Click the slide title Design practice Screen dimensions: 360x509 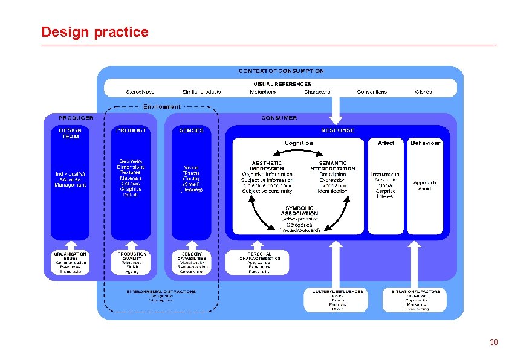[94, 32]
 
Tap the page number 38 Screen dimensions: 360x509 [493, 342]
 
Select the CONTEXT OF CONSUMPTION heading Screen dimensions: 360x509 [281, 71]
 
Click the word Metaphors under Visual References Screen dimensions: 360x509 [262, 92]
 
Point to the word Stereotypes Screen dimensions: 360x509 [144, 92]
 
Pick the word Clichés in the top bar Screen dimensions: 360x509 [423, 92]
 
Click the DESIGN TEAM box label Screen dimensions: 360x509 [70, 133]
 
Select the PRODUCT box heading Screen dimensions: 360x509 [131, 130]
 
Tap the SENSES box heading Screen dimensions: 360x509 [191, 130]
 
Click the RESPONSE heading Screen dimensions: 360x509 [337, 130]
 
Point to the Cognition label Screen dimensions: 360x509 [299, 143]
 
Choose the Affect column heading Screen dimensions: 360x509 [386, 143]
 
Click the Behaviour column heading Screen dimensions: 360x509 [426, 143]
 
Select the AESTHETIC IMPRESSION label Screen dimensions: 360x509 [267, 166]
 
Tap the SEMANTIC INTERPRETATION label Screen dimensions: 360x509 [332, 166]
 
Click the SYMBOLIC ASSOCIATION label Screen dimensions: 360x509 [299, 211]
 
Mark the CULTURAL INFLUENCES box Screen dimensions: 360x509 [338, 300]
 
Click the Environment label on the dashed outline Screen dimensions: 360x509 [161, 107]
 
